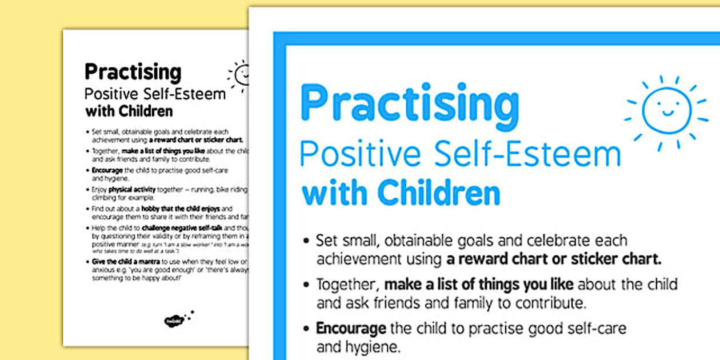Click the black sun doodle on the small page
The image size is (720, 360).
point(239,74)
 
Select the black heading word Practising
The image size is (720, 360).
point(133,72)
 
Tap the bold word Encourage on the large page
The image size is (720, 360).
point(351,329)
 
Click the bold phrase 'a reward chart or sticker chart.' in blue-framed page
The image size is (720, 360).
point(554,258)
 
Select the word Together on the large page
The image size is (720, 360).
point(347,284)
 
